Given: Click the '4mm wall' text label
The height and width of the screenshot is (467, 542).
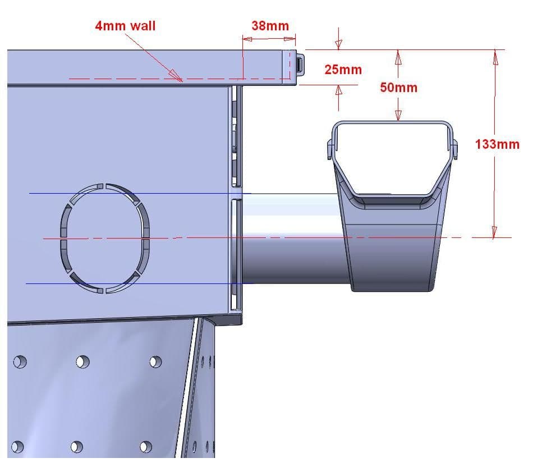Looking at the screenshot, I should coord(125,25).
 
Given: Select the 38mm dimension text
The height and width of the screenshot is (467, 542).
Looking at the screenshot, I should coord(270,25).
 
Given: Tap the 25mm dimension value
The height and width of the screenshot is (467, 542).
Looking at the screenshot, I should coord(343,70).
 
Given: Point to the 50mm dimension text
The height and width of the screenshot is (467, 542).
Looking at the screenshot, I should coord(398,88).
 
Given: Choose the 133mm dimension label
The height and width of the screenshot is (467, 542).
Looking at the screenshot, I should coord(497,144).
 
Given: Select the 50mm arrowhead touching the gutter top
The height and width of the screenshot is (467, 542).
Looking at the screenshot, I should coord(398,116).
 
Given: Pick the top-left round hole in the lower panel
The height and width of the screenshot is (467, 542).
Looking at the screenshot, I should coord(20,361).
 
